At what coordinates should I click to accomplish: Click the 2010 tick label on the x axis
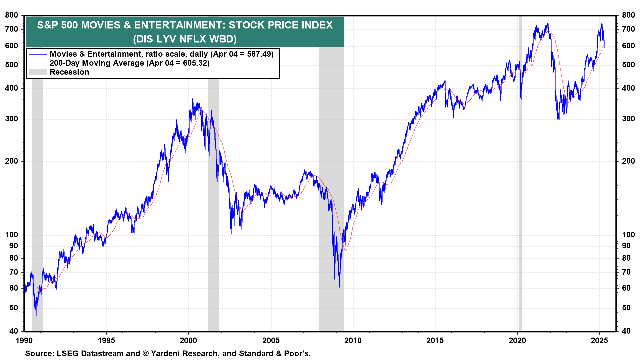tap(353, 340)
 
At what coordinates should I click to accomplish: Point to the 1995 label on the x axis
tap(106, 340)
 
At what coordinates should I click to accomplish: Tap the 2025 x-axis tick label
tap(599, 340)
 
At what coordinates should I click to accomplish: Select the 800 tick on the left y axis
tap(12, 15)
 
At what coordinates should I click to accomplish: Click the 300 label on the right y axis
tap(628, 119)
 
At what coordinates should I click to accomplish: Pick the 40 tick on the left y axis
tap(14, 331)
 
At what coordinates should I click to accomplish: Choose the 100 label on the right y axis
tap(628, 235)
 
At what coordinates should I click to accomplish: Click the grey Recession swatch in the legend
tap(37, 72)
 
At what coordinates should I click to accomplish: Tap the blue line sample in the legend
tap(37, 54)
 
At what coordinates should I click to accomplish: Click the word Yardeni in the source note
tap(167, 353)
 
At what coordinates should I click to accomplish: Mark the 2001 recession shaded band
tap(213, 200)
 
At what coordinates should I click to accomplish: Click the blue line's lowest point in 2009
tap(340, 287)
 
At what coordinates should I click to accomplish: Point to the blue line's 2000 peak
tap(192, 99)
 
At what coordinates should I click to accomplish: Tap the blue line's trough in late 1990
tap(36, 315)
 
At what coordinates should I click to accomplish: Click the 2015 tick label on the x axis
tap(435, 340)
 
